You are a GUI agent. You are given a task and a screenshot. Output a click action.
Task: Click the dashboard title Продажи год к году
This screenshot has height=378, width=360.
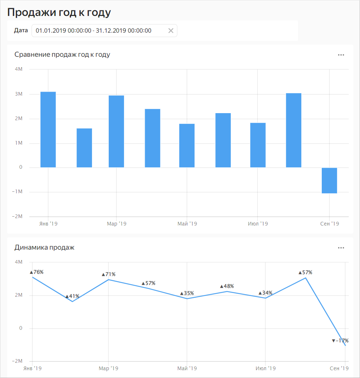(59, 12)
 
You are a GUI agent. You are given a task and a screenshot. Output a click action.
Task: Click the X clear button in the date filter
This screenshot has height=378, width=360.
(171, 31)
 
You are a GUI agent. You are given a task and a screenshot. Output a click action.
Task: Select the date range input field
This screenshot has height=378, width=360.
(98, 31)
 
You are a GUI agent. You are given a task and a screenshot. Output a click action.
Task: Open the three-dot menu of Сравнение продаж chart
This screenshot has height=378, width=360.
(341, 55)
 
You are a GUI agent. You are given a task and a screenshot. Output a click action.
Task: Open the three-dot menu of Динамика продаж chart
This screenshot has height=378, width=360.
(341, 248)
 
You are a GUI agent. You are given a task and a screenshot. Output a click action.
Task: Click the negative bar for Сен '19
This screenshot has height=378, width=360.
(329, 181)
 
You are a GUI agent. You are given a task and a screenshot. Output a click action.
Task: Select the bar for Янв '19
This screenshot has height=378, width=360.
(48, 130)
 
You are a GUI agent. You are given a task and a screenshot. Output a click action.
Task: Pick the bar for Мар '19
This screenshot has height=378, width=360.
(116, 132)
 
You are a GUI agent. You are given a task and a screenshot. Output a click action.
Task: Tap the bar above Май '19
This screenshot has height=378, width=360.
(187, 146)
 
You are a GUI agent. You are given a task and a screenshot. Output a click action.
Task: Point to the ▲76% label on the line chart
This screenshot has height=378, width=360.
(37, 272)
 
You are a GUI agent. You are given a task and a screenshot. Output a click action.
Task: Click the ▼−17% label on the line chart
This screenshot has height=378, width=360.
(340, 341)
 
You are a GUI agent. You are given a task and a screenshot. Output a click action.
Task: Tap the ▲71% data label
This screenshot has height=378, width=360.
(109, 275)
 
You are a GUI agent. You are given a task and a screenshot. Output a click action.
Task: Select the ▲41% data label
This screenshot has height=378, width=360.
(72, 296)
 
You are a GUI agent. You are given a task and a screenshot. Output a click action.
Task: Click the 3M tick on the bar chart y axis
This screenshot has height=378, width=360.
(19, 94)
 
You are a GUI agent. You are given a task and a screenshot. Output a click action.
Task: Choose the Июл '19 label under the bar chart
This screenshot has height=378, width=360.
(258, 224)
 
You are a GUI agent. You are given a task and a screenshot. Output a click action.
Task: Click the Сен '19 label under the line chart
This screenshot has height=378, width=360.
(339, 368)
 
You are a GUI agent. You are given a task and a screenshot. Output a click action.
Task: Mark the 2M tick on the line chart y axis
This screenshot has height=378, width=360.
(19, 295)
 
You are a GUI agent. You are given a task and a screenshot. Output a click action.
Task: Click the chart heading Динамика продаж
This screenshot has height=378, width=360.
(45, 247)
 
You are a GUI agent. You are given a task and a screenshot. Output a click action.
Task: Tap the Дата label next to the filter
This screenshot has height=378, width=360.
(21, 30)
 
